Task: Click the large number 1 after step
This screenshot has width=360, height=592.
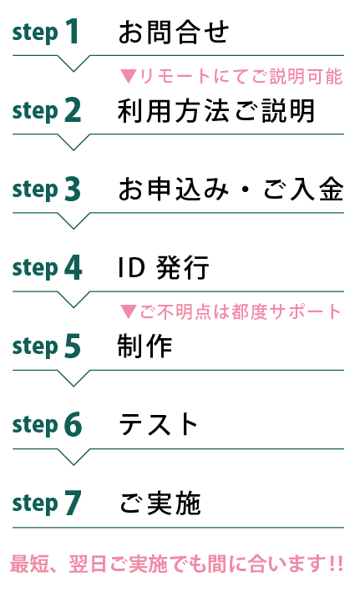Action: [73, 31]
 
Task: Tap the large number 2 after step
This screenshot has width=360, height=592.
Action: [73, 109]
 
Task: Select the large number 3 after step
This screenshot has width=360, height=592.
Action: [73, 189]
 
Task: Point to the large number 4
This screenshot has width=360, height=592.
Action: [74, 267]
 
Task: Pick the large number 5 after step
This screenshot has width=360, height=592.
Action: [73, 346]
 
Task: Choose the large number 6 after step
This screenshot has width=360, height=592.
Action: [73, 424]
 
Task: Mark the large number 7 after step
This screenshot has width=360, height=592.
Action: [73, 503]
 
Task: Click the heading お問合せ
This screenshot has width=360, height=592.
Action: [174, 32]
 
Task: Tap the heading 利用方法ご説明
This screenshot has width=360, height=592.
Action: [215, 110]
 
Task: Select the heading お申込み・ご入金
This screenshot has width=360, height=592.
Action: [231, 190]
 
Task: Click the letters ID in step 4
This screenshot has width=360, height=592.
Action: [131, 267]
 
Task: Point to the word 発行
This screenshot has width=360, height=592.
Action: [182, 268]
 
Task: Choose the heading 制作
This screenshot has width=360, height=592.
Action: [145, 347]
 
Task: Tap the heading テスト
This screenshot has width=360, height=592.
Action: [158, 424]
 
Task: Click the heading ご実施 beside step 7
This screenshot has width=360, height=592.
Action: [160, 503]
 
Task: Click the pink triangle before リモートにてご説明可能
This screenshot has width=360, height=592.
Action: [129, 76]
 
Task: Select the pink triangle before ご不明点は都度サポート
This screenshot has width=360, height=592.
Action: [129, 311]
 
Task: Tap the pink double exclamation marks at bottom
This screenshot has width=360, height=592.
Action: [336, 564]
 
